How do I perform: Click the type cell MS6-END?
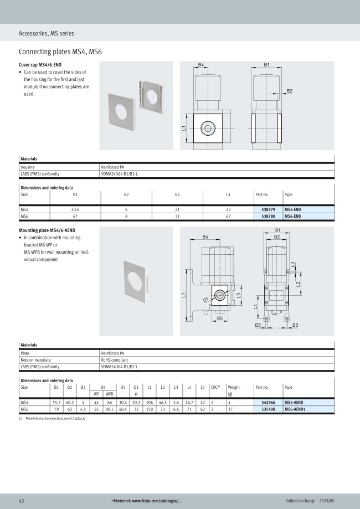pyautogui.click(x=292, y=217)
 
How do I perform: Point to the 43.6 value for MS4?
pyautogui.click(x=75, y=210)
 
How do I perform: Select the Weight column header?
pyautogui.click(x=234, y=387)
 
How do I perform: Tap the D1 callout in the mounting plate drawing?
pyautogui.click(x=206, y=301)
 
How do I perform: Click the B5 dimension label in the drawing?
pyautogui.click(x=220, y=318)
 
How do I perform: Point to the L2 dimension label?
pyautogui.click(x=298, y=284)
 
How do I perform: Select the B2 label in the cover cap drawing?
pyautogui.click(x=290, y=90)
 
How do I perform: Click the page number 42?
pyautogui.click(x=22, y=500)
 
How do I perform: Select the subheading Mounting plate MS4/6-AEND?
pyautogui.click(x=47, y=230)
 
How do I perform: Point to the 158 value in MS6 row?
pyautogui.click(x=150, y=409)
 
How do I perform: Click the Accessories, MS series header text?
pyautogui.click(x=46, y=33)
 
